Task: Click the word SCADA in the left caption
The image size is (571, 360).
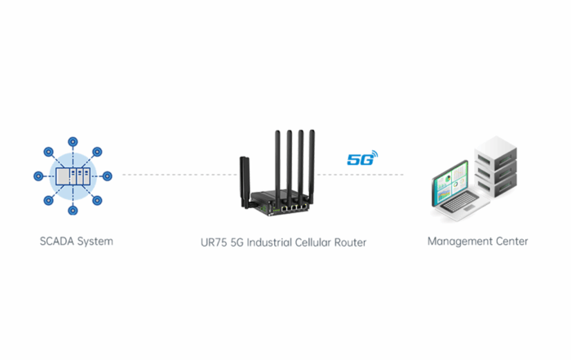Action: [55, 242]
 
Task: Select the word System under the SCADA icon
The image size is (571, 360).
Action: [94, 242]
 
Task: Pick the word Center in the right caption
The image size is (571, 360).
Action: [511, 242]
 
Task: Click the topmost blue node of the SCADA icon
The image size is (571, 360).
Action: [73, 140]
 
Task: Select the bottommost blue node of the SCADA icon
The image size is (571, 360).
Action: [73, 211]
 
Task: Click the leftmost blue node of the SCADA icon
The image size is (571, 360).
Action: [38, 176]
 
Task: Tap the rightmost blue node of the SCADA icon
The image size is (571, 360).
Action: [108, 176]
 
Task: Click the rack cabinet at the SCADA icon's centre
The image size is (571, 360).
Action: [73, 176]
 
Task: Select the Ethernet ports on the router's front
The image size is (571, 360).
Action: [291, 207]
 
